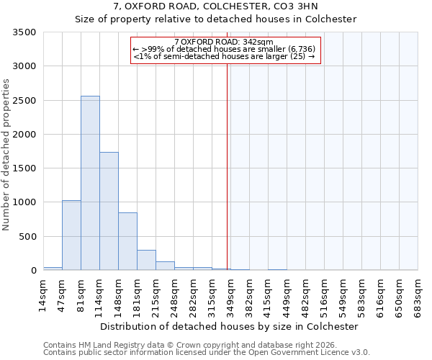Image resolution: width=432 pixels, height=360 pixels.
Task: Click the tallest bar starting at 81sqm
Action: point(90,183)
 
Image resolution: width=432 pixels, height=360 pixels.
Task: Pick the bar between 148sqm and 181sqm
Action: point(127,241)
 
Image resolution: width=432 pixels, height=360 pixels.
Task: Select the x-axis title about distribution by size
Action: point(229,326)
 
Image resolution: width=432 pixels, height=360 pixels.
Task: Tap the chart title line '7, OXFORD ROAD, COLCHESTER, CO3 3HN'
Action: point(216,6)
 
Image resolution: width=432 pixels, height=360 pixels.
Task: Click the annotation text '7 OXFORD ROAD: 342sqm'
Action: point(223,42)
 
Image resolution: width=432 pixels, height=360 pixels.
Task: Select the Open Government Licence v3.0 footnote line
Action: point(207,353)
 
